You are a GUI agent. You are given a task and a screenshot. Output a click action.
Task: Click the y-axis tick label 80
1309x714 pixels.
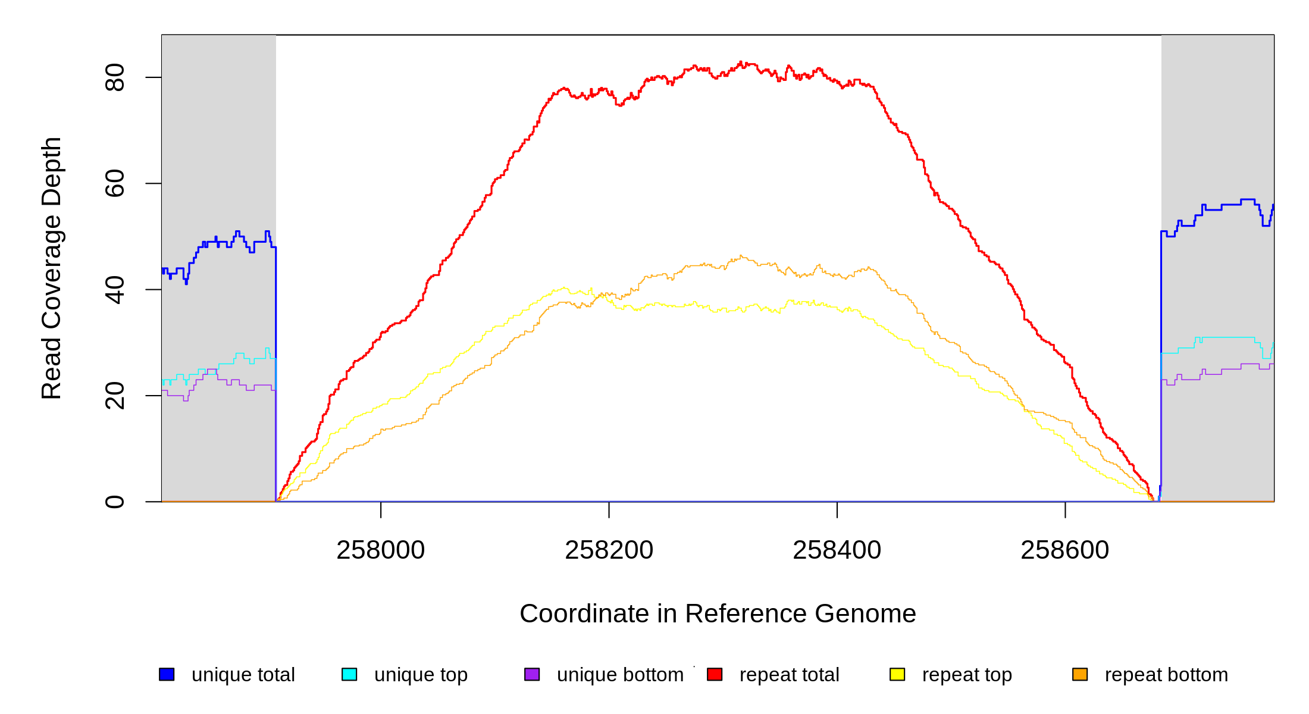coord(114,77)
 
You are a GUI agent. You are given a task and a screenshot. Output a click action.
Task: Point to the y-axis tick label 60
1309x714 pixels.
coord(114,183)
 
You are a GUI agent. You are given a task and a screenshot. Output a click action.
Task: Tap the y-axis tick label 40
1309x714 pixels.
coord(114,290)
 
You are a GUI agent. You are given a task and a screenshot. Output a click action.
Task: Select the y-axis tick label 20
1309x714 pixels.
coord(114,396)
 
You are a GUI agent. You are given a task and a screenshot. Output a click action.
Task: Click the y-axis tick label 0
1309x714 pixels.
coord(114,502)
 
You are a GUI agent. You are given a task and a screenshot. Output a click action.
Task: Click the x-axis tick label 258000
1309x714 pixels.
coord(380,550)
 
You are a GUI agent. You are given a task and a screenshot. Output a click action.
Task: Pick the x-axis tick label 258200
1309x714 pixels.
coord(609,550)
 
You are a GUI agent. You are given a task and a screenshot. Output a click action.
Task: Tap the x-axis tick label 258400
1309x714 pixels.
coord(837,550)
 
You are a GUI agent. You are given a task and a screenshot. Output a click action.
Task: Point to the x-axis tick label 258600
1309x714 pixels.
coord(1064,550)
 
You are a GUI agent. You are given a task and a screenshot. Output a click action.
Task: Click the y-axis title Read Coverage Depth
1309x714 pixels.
coord(51,268)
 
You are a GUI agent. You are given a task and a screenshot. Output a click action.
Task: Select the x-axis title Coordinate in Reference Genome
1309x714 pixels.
coord(718,613)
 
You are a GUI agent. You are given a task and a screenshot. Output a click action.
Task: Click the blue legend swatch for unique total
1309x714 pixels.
coord(167,674)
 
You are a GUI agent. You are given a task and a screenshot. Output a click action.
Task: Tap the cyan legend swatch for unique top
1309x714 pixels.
coord(349,674)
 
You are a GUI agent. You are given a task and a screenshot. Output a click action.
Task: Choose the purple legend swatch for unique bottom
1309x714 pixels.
coord(532,674)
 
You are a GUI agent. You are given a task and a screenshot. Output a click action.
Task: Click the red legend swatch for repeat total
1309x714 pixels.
coord(715,674)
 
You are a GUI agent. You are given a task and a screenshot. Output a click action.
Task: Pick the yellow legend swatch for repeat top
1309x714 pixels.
coord(897,674)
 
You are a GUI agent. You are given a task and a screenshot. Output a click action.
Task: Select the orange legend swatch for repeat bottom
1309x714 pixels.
coord(1080,674)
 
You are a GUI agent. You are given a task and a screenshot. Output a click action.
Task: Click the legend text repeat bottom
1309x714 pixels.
coord(1166,675)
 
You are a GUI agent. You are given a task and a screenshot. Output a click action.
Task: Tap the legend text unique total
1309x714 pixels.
coord(243,675)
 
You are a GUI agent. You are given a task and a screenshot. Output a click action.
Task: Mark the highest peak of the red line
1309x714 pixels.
coord(740,62)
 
